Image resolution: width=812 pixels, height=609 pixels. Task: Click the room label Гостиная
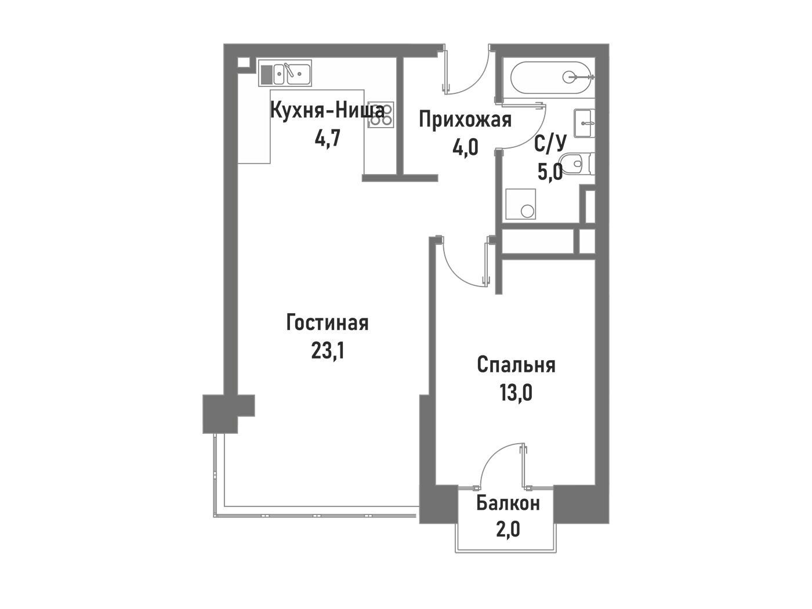pos(327,323)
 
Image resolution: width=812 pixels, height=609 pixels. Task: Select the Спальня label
pos(516,365)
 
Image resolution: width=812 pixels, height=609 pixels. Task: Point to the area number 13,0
pos(516,393)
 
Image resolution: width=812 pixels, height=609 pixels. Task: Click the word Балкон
pos(508,503)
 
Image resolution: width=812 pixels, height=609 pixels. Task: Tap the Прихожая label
pos(465,120)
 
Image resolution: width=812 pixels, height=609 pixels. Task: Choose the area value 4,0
pos(465,147)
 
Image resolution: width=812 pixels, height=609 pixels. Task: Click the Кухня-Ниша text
pos(327,111)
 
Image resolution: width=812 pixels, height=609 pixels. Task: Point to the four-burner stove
pos(380,115)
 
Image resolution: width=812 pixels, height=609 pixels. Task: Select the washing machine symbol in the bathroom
pos(520,204)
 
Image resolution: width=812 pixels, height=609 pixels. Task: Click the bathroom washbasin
pos(584,123)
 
